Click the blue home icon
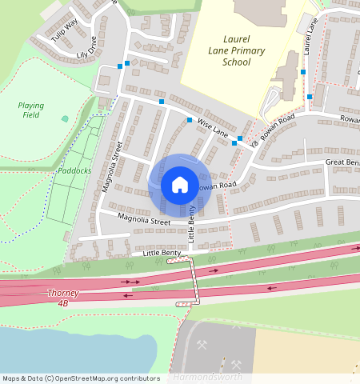pos(180,186)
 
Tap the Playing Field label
pos(31,110)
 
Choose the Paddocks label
pos(74,170)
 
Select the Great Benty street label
pos(342,162)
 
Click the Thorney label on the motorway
pos(63,294)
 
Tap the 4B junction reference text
pos(63,304)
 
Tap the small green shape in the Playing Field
pos(65,118)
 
